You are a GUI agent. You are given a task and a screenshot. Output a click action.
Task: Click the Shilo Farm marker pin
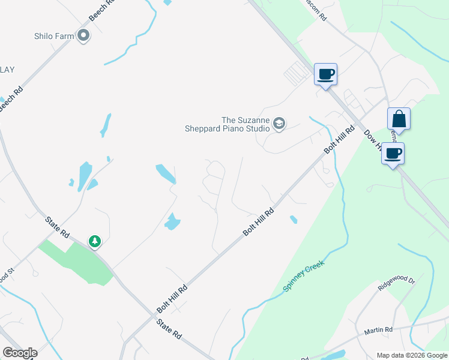tap(83, 36)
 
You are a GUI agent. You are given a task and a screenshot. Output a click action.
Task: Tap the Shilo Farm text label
tap(54, 36)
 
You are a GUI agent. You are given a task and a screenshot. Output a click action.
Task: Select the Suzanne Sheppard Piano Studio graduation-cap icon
tap(279, 124)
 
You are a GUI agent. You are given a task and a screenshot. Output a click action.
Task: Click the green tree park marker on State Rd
tap(94, 241)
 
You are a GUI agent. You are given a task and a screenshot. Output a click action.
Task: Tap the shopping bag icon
tap(399, 119)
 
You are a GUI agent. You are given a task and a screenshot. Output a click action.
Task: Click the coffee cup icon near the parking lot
tap(325, 74)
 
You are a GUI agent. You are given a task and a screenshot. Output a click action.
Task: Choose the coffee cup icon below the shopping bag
tap(393, 154)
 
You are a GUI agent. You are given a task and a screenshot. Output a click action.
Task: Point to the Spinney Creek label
tap(304, 277)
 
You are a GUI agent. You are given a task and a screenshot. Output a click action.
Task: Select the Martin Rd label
tap(378, 331)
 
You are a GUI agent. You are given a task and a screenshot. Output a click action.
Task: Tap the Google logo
tap(20, 353)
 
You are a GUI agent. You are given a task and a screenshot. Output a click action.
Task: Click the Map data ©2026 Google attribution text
tap(411, 355)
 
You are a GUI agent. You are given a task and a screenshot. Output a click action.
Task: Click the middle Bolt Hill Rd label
tap(259, 221)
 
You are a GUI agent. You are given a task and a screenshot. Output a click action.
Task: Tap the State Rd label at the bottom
tap(169, 329)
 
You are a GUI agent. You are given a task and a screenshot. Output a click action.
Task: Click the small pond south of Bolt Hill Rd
tap(294, 220)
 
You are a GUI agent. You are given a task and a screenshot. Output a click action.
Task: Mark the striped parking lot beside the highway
tap(295, 75)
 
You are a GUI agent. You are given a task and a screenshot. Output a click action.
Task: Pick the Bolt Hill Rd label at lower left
tap(172, 298)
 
